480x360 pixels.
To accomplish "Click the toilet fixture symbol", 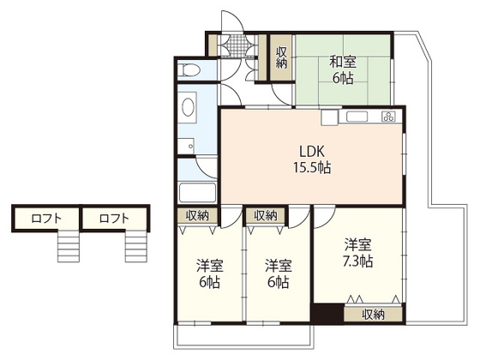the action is pos(189,69).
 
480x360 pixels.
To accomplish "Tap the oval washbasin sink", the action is pos(188,107).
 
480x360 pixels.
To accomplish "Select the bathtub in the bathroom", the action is pos(197,193).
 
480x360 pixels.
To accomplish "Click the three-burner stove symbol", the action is pos(389,117).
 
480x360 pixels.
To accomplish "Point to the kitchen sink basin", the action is pos(357,117).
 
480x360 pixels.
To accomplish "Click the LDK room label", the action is pos(312,151).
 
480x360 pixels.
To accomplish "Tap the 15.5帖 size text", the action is pos(312,168).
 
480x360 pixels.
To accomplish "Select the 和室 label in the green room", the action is pos(343,63).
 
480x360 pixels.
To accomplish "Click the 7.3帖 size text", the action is pos(357,261).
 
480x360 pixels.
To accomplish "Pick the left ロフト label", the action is pos(46,219).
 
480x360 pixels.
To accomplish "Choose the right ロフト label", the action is pos(114,219).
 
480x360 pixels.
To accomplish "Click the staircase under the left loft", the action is pos(69,247).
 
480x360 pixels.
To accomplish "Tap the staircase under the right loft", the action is pos(136,247).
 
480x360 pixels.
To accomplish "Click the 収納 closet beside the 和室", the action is pos(281,57).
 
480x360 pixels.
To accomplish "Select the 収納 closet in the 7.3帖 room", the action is pos(373,315).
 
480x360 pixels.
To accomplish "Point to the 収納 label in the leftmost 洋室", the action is pos(197,215).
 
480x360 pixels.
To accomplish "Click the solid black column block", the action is pos(327,313).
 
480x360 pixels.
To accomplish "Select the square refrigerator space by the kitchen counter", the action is pos(329,117).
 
